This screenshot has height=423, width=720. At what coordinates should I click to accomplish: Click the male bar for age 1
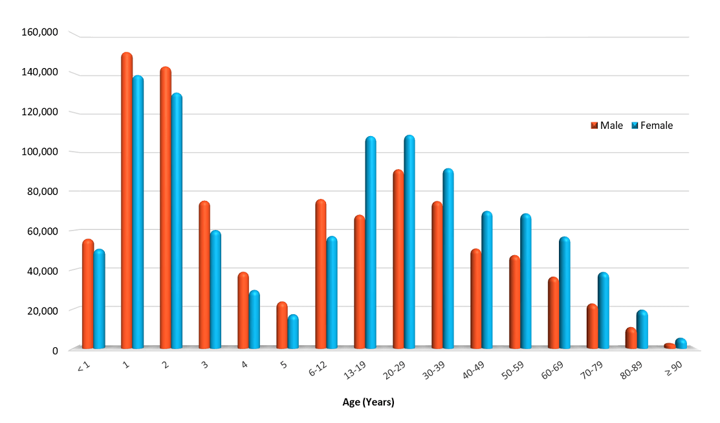pos(127,201)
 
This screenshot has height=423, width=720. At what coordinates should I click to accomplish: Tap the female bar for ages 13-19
pos(371,243)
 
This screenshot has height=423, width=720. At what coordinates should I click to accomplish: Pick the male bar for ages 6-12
pos(320,275)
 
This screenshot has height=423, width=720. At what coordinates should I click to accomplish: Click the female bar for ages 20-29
pos(409,242)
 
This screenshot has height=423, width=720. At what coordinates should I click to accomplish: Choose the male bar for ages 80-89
pos(631,339)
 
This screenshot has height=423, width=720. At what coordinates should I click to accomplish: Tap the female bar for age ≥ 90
pos(681,344)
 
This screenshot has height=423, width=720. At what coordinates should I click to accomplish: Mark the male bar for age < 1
pos(88,294)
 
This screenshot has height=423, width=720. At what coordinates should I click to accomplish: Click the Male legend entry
pos(607,126)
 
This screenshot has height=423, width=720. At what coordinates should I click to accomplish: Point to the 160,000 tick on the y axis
pos(41,32)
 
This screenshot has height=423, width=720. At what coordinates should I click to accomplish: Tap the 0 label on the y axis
pos(55,350)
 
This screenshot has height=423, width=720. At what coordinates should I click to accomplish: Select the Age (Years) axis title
pos(368,402)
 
